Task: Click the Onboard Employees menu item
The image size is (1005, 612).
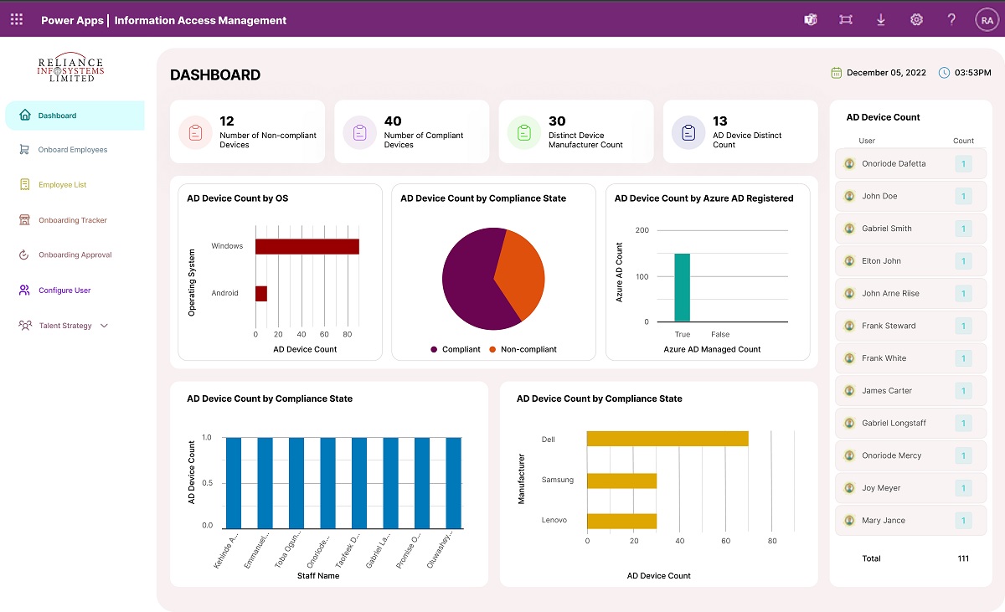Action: pos(72,150)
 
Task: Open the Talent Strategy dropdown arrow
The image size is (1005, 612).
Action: pos(104,326)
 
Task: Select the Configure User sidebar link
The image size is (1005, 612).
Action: pos(64,291)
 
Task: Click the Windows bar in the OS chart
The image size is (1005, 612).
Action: pos(307,246)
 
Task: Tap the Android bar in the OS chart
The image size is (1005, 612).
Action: pos(261,293)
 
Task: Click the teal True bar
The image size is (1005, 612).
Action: pos(682,287)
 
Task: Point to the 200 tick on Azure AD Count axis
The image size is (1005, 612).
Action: pos(642,230)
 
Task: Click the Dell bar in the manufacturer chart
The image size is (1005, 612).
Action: pos(667,439)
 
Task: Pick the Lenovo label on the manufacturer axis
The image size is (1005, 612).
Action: pos(554,520)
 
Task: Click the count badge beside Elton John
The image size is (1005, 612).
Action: pos(963,261)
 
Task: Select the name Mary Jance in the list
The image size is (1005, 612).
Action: pos(883,521)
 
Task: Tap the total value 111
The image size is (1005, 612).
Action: pos(963,558)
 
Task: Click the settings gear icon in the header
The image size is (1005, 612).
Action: pos(916,20)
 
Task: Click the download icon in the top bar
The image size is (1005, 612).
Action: pos(881,20)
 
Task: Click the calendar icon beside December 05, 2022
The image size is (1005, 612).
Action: pos(836,73)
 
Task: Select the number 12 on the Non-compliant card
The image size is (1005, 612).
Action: pos(226,121)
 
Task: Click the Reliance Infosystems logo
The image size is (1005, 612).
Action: pos(71,69)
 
